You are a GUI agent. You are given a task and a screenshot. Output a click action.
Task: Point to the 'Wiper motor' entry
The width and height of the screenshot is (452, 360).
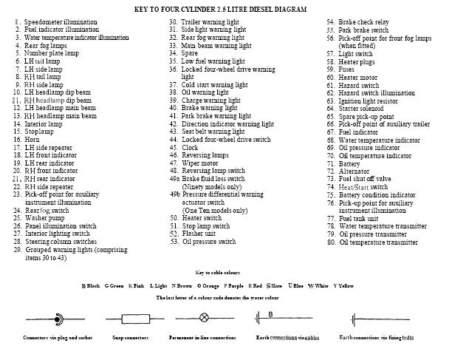(x=199, y=163)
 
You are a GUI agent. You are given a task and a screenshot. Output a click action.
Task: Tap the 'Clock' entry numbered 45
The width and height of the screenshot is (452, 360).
(x=190, y=147)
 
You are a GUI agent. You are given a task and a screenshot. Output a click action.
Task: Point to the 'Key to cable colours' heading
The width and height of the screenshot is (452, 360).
(x=225, y=273)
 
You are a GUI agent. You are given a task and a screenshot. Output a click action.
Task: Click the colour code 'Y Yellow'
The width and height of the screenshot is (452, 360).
(x=344, y=285)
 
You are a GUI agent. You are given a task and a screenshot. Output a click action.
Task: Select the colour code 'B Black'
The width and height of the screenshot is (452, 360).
(x=90, y=285)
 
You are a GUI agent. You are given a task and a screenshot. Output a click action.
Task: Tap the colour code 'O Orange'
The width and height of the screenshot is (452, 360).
(x=207, y=285)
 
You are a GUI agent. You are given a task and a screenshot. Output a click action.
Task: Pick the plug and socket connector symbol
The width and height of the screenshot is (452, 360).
(x=47, y=319)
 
